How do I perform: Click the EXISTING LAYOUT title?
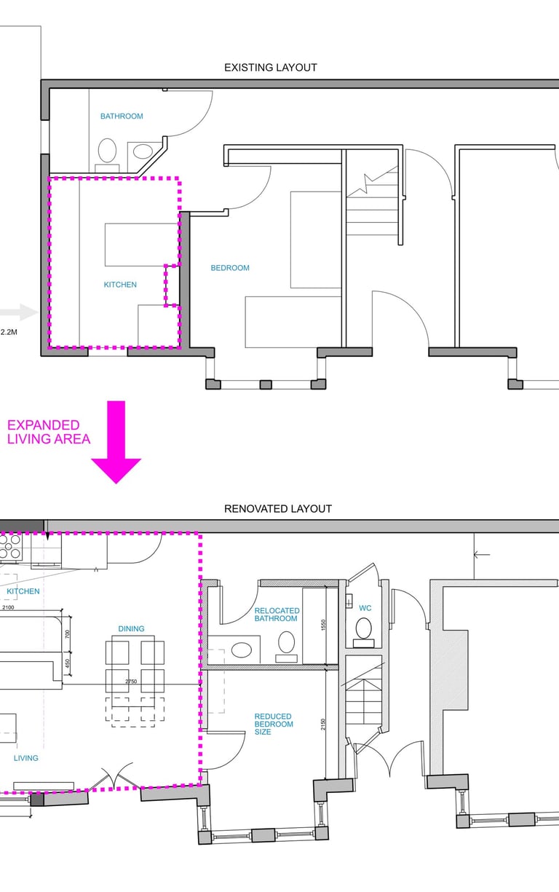click(271, 68)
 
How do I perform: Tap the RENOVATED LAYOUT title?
click(278, 509)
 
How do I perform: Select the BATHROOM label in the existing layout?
click(122, 117)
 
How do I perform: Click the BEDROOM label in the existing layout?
click(230, 268)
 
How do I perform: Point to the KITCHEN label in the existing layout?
click(120, 285)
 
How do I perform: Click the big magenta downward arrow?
click(116, 442)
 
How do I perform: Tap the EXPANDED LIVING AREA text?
click(49, 432)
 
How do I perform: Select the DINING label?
click(132, 629)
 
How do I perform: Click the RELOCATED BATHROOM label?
click(277, 615)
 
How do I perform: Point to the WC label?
click(365, 608)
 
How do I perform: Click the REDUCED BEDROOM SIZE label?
click(274, 724)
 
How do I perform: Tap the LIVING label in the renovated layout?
click(26, 758)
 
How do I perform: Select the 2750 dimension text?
click(131, 682)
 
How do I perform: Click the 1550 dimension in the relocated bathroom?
click(323, 625)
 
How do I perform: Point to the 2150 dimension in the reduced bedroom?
click(323, 724)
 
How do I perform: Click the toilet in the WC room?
click(363, 633)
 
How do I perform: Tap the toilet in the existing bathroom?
click(107, 154)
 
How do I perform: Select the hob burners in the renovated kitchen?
click(10, 547)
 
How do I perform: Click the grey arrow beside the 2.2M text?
click(19, 312)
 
